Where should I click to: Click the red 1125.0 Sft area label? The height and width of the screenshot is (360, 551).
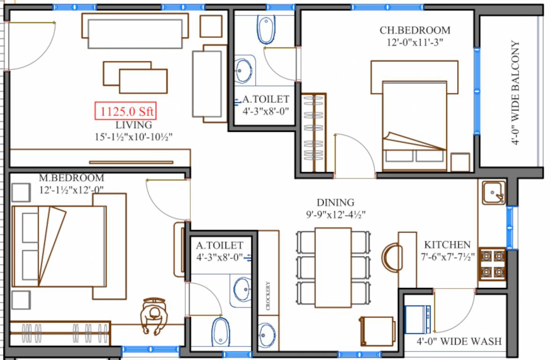[126, 112]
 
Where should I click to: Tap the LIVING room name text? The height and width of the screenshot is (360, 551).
[134, 126]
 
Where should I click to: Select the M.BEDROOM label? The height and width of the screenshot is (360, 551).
[72, 179]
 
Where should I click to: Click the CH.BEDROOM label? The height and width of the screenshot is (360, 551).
[415, 30]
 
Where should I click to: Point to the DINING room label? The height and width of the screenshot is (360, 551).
[335, 203]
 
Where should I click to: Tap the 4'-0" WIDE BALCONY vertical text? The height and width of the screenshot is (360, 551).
[516, 94]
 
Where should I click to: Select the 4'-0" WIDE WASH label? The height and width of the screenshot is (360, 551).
[459, 341]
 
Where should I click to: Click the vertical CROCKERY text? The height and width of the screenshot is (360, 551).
[268, 296]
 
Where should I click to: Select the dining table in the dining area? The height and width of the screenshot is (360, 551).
[333, 267]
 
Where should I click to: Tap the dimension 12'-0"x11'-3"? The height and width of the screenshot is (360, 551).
[412, 42]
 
